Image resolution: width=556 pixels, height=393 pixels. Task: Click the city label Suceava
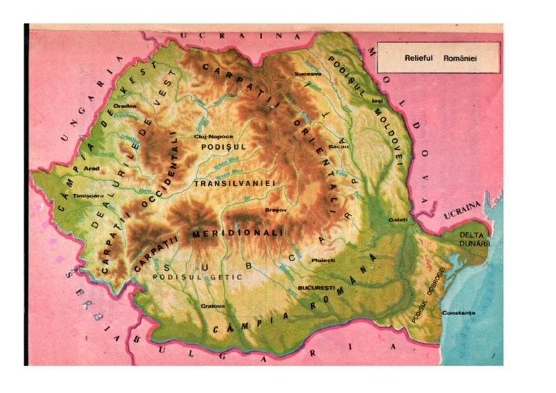click(x=307, y=73)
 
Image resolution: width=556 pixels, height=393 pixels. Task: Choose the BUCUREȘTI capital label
click(x=314, y=288)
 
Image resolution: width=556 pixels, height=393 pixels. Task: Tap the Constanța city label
click(x=458, y=313)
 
